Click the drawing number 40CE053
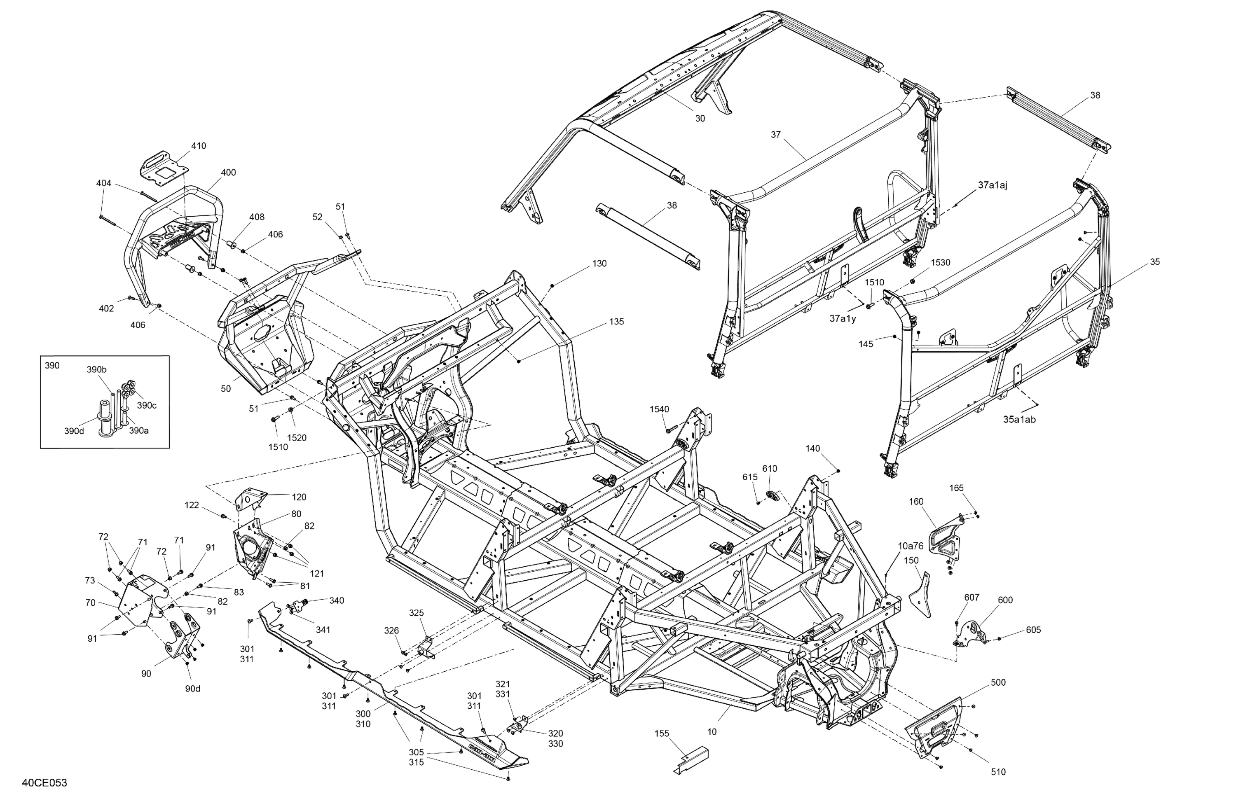[44, 783]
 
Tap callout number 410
[199, 146]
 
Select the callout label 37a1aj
[993, 185]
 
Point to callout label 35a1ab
[1019, 419]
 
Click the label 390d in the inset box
[74, 431]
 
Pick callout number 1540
[659, 409]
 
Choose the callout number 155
[662, 733]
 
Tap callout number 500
[998, 682]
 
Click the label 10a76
[911, 546]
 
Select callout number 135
[616, 321]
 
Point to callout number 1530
[940, 262]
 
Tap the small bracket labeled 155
[692, 761]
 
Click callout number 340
[337, 600]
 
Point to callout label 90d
[193, 688]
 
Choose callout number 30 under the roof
[700, 118]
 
